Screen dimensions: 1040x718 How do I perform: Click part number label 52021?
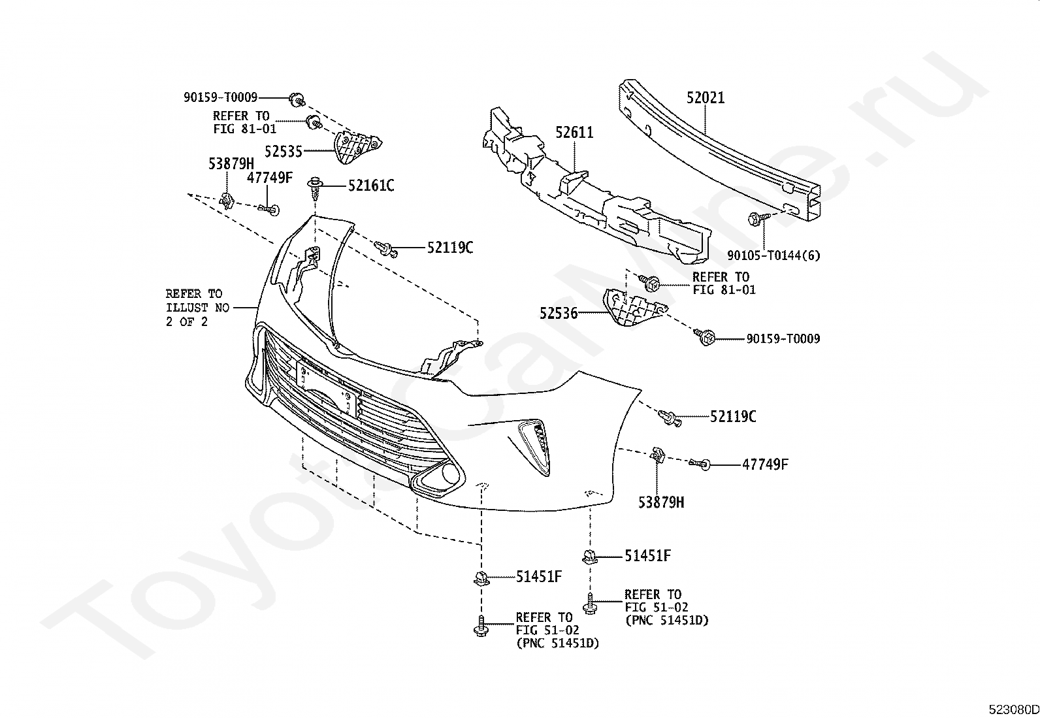tap(706, 97)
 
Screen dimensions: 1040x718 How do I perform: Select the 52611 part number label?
tap(574, 133)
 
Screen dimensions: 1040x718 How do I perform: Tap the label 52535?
tap(284, 152)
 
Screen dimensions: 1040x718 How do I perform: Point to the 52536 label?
tap(559, 313)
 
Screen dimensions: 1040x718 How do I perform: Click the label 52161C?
tap(371, 186)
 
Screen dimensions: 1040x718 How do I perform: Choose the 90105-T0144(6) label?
tap(773, 255)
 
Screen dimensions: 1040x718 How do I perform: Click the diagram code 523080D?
tap(1014, 709)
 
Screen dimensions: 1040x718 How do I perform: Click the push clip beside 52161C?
tap(316, 188)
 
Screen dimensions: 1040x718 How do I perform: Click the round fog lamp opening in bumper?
tap(450, 473)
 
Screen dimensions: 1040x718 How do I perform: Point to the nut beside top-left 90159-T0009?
tap(297, 99)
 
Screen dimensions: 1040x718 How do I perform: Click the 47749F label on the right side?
tap(765, 465)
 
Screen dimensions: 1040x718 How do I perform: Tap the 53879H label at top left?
tap(231, 163)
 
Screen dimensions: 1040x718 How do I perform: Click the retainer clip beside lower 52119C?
tap(670, 417)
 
